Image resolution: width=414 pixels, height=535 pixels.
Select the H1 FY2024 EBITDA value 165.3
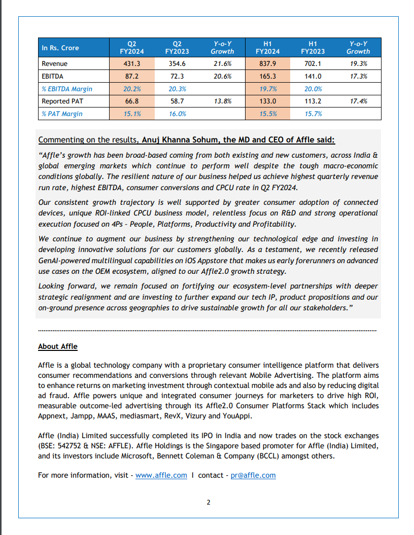[267, 77]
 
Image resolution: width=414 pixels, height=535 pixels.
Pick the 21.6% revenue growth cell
[222, 64]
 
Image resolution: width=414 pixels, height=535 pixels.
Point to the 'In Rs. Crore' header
[60, 48]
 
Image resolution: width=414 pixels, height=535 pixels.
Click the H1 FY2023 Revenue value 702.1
[313, 64]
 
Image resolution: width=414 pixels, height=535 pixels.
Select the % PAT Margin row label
[62, 114]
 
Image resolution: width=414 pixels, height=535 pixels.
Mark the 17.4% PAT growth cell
[358, 101]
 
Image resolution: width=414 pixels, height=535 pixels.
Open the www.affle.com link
[161, 475]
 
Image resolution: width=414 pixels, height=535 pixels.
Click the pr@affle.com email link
[253, 475]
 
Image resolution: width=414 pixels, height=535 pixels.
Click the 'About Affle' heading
[58, 346]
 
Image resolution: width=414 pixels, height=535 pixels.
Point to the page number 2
[208, 503]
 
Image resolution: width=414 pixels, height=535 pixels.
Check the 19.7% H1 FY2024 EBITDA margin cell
[267, 89]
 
